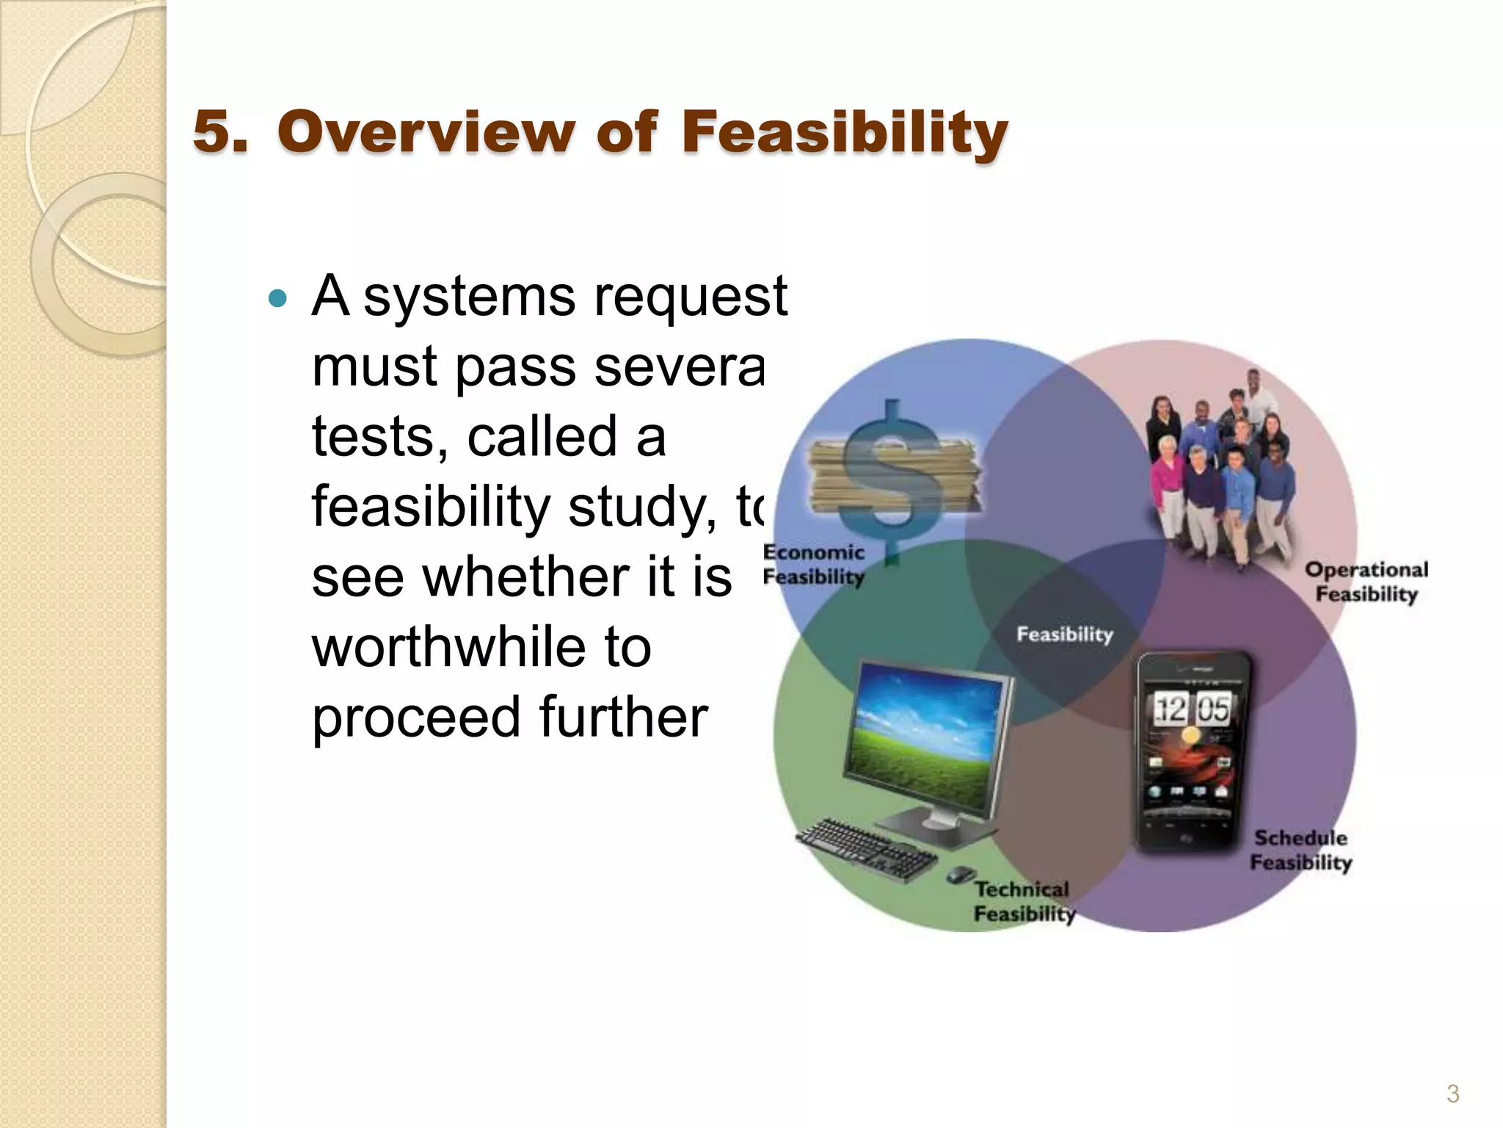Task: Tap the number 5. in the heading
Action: [219, 132]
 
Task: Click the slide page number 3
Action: [1452, 1093]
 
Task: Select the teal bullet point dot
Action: [277, 298]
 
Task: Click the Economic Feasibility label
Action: [813, 564]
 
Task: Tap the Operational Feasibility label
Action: [1366, 582]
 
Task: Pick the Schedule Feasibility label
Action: [1300, 850]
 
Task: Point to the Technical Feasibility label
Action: [1023, 901]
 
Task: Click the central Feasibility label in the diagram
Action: [1064, 634]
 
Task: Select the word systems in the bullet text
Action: [470, 297]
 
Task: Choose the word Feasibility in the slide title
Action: [844, 132]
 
